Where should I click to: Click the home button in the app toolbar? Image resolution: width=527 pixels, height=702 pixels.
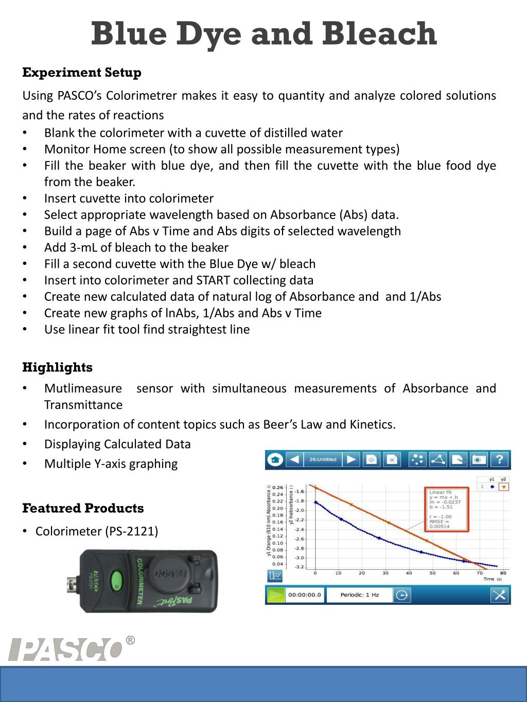(275, 459)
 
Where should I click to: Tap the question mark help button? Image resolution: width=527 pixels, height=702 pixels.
(499, 459)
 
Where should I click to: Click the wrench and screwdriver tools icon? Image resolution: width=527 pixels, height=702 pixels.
(499, 595)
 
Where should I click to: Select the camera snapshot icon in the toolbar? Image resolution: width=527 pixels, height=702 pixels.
(479, 459)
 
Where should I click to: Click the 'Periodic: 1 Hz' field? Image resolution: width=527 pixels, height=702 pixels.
(360, 595)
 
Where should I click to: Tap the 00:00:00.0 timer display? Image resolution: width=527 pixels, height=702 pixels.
(305, 595)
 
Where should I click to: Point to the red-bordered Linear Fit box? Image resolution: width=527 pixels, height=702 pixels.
(446, 509)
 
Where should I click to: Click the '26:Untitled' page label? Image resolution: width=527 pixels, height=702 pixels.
(323, 459)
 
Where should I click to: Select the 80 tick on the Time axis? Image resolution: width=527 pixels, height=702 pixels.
(503, 573)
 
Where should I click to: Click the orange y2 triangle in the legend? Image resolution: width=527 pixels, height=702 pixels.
(504, 487)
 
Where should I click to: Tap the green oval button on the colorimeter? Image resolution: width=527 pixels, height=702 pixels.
(117, 581)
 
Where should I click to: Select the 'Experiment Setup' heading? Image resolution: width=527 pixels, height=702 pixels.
(82, 73)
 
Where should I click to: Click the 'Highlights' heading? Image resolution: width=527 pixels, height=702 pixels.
(58, 367)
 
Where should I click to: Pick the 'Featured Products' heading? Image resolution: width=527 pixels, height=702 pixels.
(83, 508)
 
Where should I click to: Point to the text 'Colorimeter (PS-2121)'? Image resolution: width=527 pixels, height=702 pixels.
(97, 531)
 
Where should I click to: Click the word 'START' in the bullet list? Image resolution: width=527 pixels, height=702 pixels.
(213, 280)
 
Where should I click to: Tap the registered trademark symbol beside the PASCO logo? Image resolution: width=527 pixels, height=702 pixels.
(130, 640)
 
